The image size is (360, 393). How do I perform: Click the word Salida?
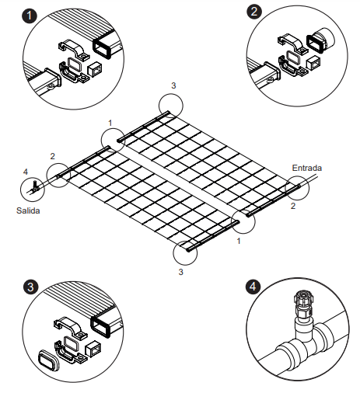pos(30,210)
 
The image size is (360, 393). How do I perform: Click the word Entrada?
pos(306,168)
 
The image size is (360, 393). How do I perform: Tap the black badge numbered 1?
pos(30,15)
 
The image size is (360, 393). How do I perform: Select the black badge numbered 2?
pos(254,12)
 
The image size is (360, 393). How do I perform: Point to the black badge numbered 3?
pos(30,287)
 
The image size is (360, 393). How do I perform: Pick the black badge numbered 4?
pos(254,287)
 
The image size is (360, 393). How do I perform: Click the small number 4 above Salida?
pos(25,172)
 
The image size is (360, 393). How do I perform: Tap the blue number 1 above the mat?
pos(110,123)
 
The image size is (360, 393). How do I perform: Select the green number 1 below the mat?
pos(238,242)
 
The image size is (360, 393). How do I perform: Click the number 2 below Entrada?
pos(293,207)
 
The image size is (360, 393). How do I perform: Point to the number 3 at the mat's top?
pos(173,85)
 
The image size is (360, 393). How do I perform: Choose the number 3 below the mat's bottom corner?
pos(181,272)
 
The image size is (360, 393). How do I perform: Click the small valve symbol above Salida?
pos(35,186)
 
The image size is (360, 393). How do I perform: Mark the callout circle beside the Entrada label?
pos(296,188)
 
